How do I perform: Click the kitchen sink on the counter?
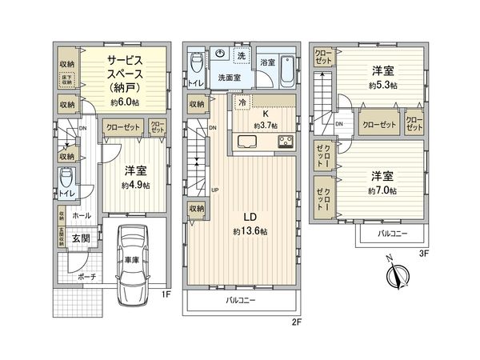click(x=246, y=142)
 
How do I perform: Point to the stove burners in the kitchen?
click(x=286, y=142)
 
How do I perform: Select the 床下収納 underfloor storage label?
click(x=67, y=78)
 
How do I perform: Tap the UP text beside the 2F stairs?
click(x=214, y=190)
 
